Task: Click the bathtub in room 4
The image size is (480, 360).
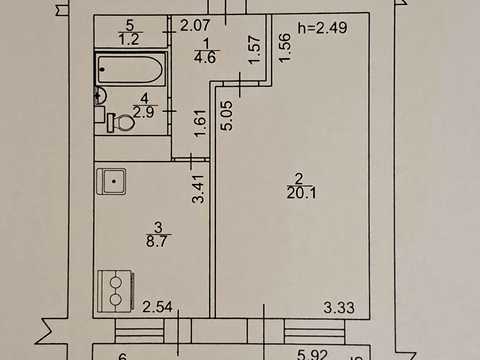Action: (131, 69)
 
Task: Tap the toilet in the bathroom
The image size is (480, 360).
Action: (121, 123)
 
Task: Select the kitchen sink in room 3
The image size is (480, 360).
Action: (112, 182)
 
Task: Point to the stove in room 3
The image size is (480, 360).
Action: (116, 291)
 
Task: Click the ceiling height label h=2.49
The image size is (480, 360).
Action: (323, 28)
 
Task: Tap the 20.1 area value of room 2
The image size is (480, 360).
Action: (301, 193)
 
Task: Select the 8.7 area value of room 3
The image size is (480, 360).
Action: (157, 241)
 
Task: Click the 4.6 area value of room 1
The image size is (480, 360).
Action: (205, 57)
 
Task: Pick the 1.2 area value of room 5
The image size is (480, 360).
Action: (129, 39)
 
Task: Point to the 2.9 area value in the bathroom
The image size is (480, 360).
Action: (143, 112)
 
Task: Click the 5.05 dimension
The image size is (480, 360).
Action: (227, 115)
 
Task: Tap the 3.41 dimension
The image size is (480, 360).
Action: (199, 189)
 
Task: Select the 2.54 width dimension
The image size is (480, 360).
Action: (157, 307)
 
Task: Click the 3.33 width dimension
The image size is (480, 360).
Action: (339, 307)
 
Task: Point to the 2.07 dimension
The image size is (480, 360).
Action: (195, 25)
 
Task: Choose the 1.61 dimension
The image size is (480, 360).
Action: (201, 123)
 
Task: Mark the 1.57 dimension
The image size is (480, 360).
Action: (254, 49)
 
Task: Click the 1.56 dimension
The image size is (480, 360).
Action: (285, 48)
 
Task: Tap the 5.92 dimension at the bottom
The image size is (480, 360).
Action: (312, 355)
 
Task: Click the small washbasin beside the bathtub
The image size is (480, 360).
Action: (100, 96)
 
